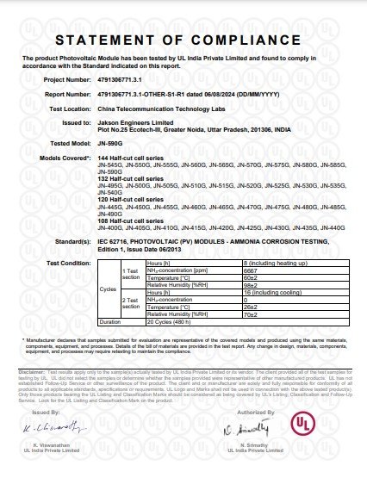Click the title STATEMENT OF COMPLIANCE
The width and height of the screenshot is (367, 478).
pos(183,41)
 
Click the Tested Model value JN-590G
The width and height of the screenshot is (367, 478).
pos(109,147)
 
